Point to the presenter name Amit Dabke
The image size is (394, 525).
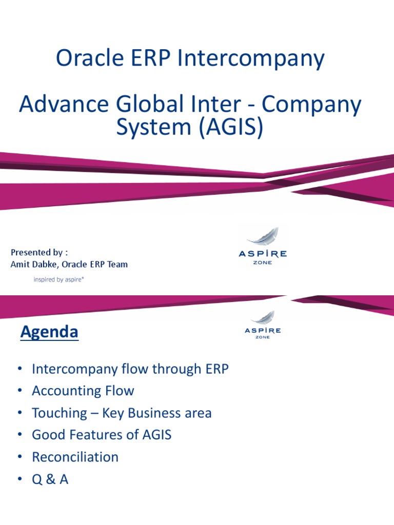point(33,265)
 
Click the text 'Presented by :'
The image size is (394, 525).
point(39,253)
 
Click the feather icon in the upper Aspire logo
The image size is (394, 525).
point(263,237)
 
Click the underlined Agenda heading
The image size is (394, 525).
point(49,332)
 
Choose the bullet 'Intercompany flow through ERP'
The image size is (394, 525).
point(130,369)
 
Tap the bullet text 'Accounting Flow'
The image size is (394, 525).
point(83,391)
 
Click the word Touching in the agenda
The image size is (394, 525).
point(60,413)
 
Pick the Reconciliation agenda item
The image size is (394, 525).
point(75,457)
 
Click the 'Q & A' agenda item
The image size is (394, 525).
point(50,479)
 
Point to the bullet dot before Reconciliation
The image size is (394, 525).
point(20,457)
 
